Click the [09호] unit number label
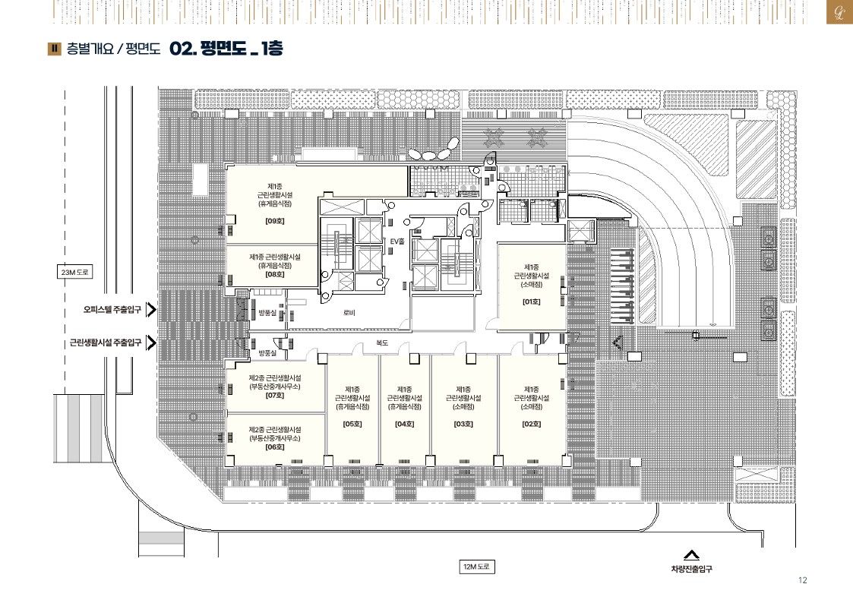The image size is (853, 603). tap(275, 221)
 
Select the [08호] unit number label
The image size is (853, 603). tap(275, 275)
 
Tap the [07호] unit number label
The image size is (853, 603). tap(275, 396)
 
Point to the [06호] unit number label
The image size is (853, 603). tap(275, 447)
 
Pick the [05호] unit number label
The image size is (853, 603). tap(352, 424)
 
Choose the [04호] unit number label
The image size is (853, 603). tap(405, 424)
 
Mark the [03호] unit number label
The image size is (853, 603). tap(463, 424)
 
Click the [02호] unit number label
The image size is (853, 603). tap(532, 424)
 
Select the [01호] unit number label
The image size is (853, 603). tap(532, 301)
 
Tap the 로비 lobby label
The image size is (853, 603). tap(349, 313)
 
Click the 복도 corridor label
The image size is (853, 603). tap(382, 343)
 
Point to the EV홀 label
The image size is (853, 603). tap(398, 242)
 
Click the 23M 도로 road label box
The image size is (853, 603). tap(75, 272)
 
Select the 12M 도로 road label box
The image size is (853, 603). tap(476, 567)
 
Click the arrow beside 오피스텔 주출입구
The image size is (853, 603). tap(152, 309)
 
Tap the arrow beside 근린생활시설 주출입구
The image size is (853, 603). tap(152, 343)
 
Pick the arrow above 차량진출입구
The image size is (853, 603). tap(691, 556)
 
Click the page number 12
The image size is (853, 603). tap(802, 580)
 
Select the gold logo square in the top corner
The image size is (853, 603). tap(839, 12)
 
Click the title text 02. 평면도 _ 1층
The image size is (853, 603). tap(226, 49)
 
